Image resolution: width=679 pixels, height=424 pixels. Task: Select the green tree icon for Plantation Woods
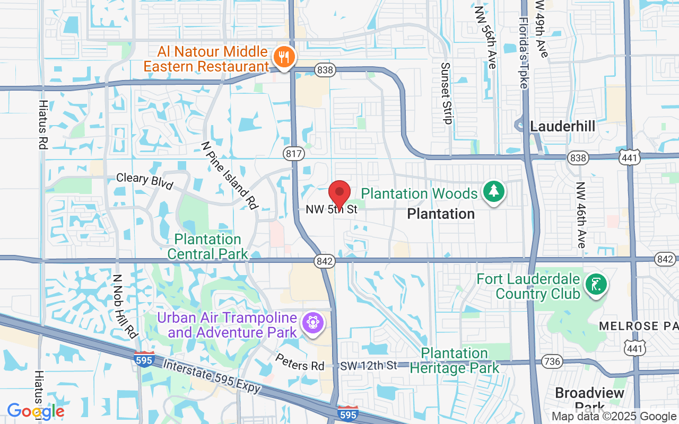[494, 192]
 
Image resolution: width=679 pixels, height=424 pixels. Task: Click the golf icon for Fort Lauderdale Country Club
[596, 285]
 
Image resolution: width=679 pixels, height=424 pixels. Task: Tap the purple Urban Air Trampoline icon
[313, 323]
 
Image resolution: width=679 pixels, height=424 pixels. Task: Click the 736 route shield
[552, 361]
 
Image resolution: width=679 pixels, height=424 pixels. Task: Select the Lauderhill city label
[562, 127]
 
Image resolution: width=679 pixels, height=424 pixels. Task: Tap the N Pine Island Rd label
[229, 175]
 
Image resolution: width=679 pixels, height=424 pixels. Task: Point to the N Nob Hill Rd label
[125, 306]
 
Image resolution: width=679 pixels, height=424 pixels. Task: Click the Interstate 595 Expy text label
[212, 377]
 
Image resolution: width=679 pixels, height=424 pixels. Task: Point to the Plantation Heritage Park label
[455, 360]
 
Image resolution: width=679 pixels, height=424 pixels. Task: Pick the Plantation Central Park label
[207, 247]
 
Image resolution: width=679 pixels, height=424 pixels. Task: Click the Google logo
[36, 411]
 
